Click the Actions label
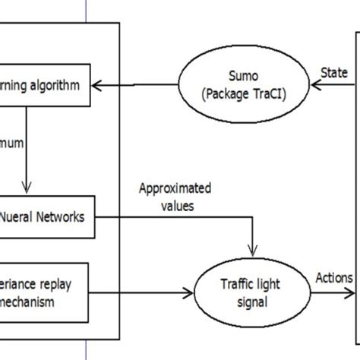point(334,277)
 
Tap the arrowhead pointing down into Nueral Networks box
point(27,188)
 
